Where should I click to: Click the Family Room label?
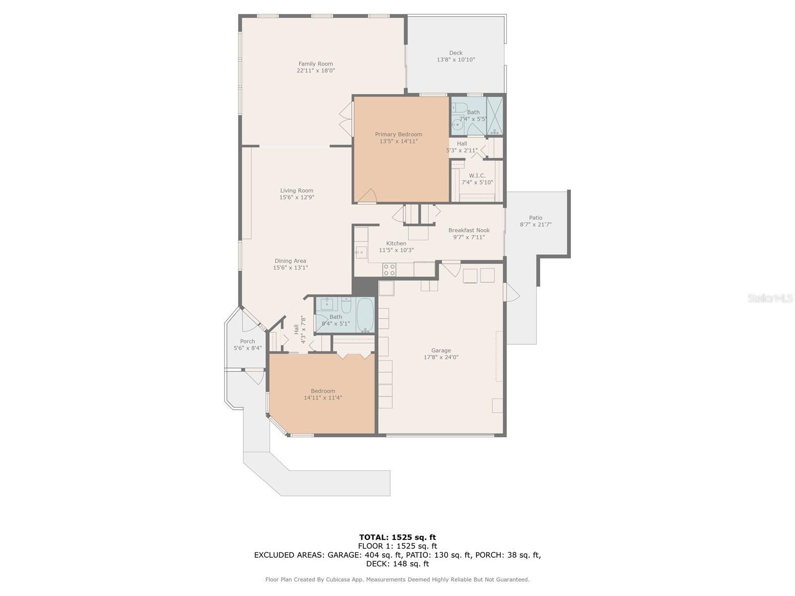click(316, 64)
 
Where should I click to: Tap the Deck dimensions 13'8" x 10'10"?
click(456, 60)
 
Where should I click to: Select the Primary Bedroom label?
click(398, 134)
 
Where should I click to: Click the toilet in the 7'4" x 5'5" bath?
click(459, 108)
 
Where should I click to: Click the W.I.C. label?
click(477, 175)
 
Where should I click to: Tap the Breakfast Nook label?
click(469, 230)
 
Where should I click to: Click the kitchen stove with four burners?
click(389, 270)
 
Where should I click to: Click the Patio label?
click(536, 218)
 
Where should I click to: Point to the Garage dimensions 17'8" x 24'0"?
click(441, 357)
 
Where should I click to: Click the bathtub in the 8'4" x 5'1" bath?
click(365, 315)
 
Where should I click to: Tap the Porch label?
click(247, 341)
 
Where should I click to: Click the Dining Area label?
click(290, 261)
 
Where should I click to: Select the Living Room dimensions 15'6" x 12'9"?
click(297, 197)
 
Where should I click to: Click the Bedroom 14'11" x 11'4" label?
click(323, 391)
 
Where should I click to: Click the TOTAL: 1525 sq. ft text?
click(397, 537)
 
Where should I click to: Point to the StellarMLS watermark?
click(770, 298)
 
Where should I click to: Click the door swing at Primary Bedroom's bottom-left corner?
click(367, 197)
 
